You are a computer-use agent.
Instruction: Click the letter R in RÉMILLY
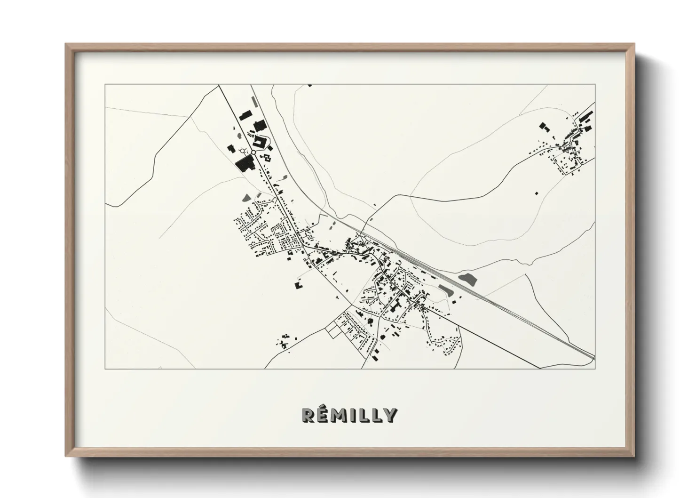[x=308, y=415]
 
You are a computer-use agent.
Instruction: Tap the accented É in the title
[x=325, y=415]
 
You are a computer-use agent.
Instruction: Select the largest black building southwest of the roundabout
[x=244, y=163]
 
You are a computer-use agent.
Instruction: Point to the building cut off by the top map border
[x=309, y=85]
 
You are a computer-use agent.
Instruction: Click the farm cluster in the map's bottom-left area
[x=285, y=340]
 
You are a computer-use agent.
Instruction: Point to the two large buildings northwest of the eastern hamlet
[x=544, y=127]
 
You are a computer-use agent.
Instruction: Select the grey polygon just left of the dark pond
[x=444, y=288]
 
